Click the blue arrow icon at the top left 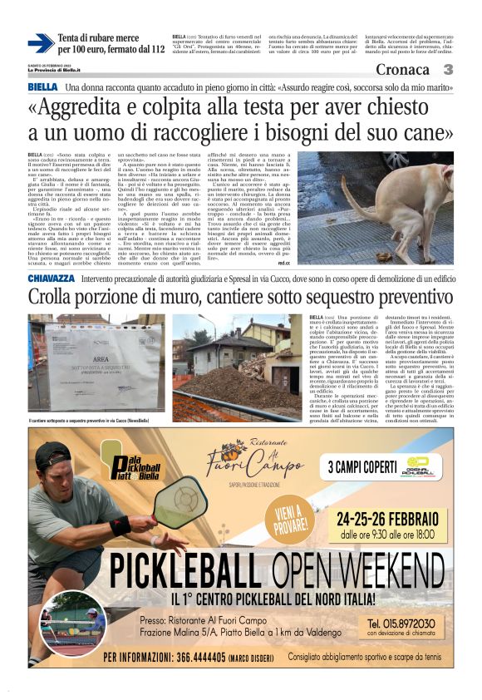pyautogui.click(x=41, y=43)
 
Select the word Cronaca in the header pyautogui.click(x=406, y=69)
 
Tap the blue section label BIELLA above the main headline pyautogui.click(x=42, y=86)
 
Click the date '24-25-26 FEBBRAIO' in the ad pyautogui.click(x=391, y=516)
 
